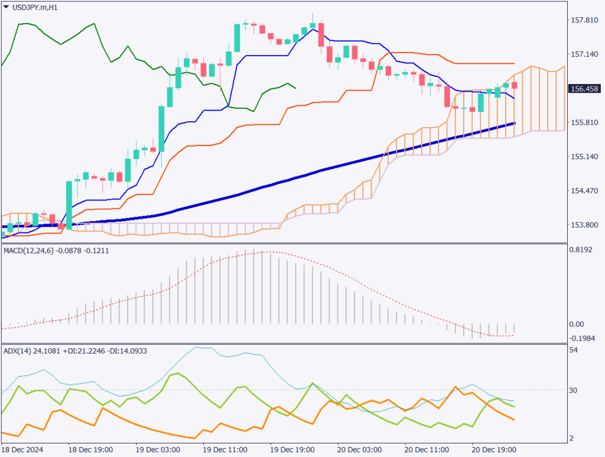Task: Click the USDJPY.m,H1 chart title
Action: point(35,7)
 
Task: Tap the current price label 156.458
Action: point(584,89)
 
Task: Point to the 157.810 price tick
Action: point(586,21)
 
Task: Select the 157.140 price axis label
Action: point(586,54)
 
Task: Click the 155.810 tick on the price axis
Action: point(586,123)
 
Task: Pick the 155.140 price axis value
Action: point(586,157)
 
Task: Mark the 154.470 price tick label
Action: point(586,191)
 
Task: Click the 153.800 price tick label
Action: point(586,225)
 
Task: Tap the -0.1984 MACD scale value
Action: point(582,338)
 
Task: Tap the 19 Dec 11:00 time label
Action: point(225,449)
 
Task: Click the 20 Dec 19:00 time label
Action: point(494,449)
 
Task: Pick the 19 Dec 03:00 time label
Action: point(158,449)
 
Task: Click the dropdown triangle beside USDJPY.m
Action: point(6,7)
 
